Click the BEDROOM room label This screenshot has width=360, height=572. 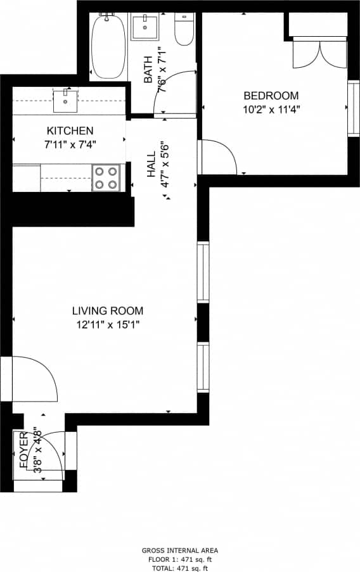[271, 96]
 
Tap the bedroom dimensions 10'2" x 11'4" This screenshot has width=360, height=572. [271, 108]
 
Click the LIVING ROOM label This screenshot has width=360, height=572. [107, 311]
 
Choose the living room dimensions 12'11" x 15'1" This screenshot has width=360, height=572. [107, 325]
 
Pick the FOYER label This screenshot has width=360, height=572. [23, 450]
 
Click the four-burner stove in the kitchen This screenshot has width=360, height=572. [106, 178]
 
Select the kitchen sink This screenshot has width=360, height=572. [65, 99]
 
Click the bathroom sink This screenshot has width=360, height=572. [146, 27]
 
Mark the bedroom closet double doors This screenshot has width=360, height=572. [320, 54]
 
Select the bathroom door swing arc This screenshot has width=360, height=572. [178, 92]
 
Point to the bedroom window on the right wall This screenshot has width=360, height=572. [352, 108]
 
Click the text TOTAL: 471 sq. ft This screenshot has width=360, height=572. [180, 568]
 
